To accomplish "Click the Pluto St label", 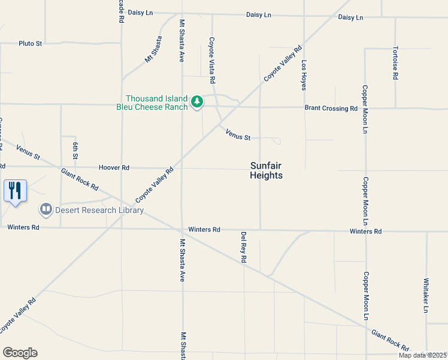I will (x=30, y=43).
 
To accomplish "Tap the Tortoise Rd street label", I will (x=395, y=63).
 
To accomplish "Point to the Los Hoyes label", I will (x=304, y=75).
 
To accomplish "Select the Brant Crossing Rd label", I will (x=331, y=109).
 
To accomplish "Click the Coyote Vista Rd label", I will (x=211, y=60).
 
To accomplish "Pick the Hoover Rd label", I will (x=114, y=168).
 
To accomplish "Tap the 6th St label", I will (x=75, y=151).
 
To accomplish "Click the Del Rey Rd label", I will (x=244, y=247).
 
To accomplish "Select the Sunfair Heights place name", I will (x=266, y=170).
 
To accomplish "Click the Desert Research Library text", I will (x=99, y=210).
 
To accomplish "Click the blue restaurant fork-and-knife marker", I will (x=15, y=191).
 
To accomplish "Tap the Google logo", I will (x=20, y=353).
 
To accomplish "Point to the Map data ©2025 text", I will (x=422, y=355).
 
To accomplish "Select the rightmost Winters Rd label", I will (x=365, y=231).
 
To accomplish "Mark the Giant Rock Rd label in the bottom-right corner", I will (x=389, y=340).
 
